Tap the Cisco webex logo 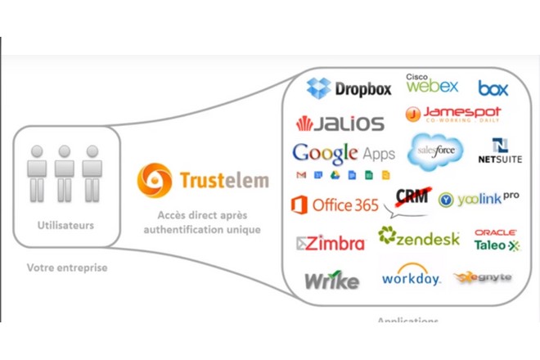point(431,83)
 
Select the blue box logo point(493,88)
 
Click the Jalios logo point(340,124)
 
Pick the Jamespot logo point(452,114)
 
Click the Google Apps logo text point(344,153)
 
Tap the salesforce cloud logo point(435,150)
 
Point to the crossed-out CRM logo point(412,199)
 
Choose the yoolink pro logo point(479,199)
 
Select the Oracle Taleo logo point(496,239)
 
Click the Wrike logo point(331,281)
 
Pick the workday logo point(411,276)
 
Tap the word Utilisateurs point(66,225)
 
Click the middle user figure point(65,173)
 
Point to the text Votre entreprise point(67,268)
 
